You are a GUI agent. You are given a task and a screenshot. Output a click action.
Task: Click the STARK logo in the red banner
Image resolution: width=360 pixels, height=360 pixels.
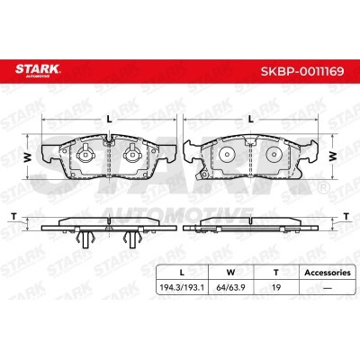coord(38,70)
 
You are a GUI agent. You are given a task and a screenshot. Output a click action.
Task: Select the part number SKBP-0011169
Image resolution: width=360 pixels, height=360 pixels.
coord(302,71)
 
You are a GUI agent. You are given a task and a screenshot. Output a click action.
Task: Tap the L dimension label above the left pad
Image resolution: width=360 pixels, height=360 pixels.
coord(110,120)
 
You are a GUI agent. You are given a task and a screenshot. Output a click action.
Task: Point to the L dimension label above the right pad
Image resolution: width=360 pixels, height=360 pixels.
coord(251,120)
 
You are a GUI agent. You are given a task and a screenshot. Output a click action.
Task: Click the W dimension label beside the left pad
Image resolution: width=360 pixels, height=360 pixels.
coord(28,157)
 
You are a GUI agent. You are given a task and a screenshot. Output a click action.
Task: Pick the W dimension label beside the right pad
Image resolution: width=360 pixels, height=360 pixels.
coord(332,157)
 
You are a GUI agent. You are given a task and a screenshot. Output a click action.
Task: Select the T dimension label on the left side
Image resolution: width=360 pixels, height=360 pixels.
coord(13,216)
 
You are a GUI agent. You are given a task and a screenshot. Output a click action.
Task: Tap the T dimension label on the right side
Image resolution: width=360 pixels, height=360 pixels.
coord(346,216)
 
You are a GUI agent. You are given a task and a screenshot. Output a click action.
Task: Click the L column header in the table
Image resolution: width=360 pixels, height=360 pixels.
coord(182,273)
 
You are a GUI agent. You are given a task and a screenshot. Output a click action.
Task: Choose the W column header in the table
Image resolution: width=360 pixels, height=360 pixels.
coord(230,273)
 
